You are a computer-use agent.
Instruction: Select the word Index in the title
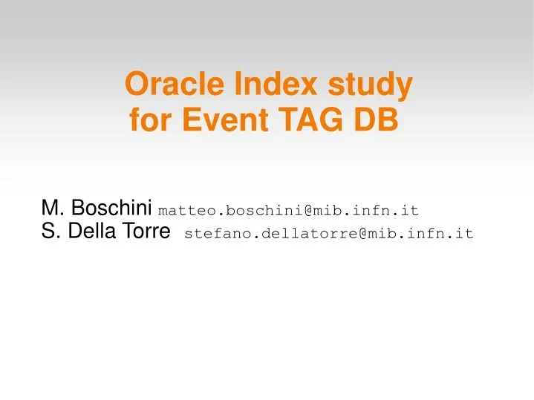point(257,85)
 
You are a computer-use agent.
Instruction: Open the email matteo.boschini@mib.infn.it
point(289,210)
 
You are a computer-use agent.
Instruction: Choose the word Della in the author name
point(91,232)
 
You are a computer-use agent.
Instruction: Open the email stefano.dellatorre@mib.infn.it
point(328,235)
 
